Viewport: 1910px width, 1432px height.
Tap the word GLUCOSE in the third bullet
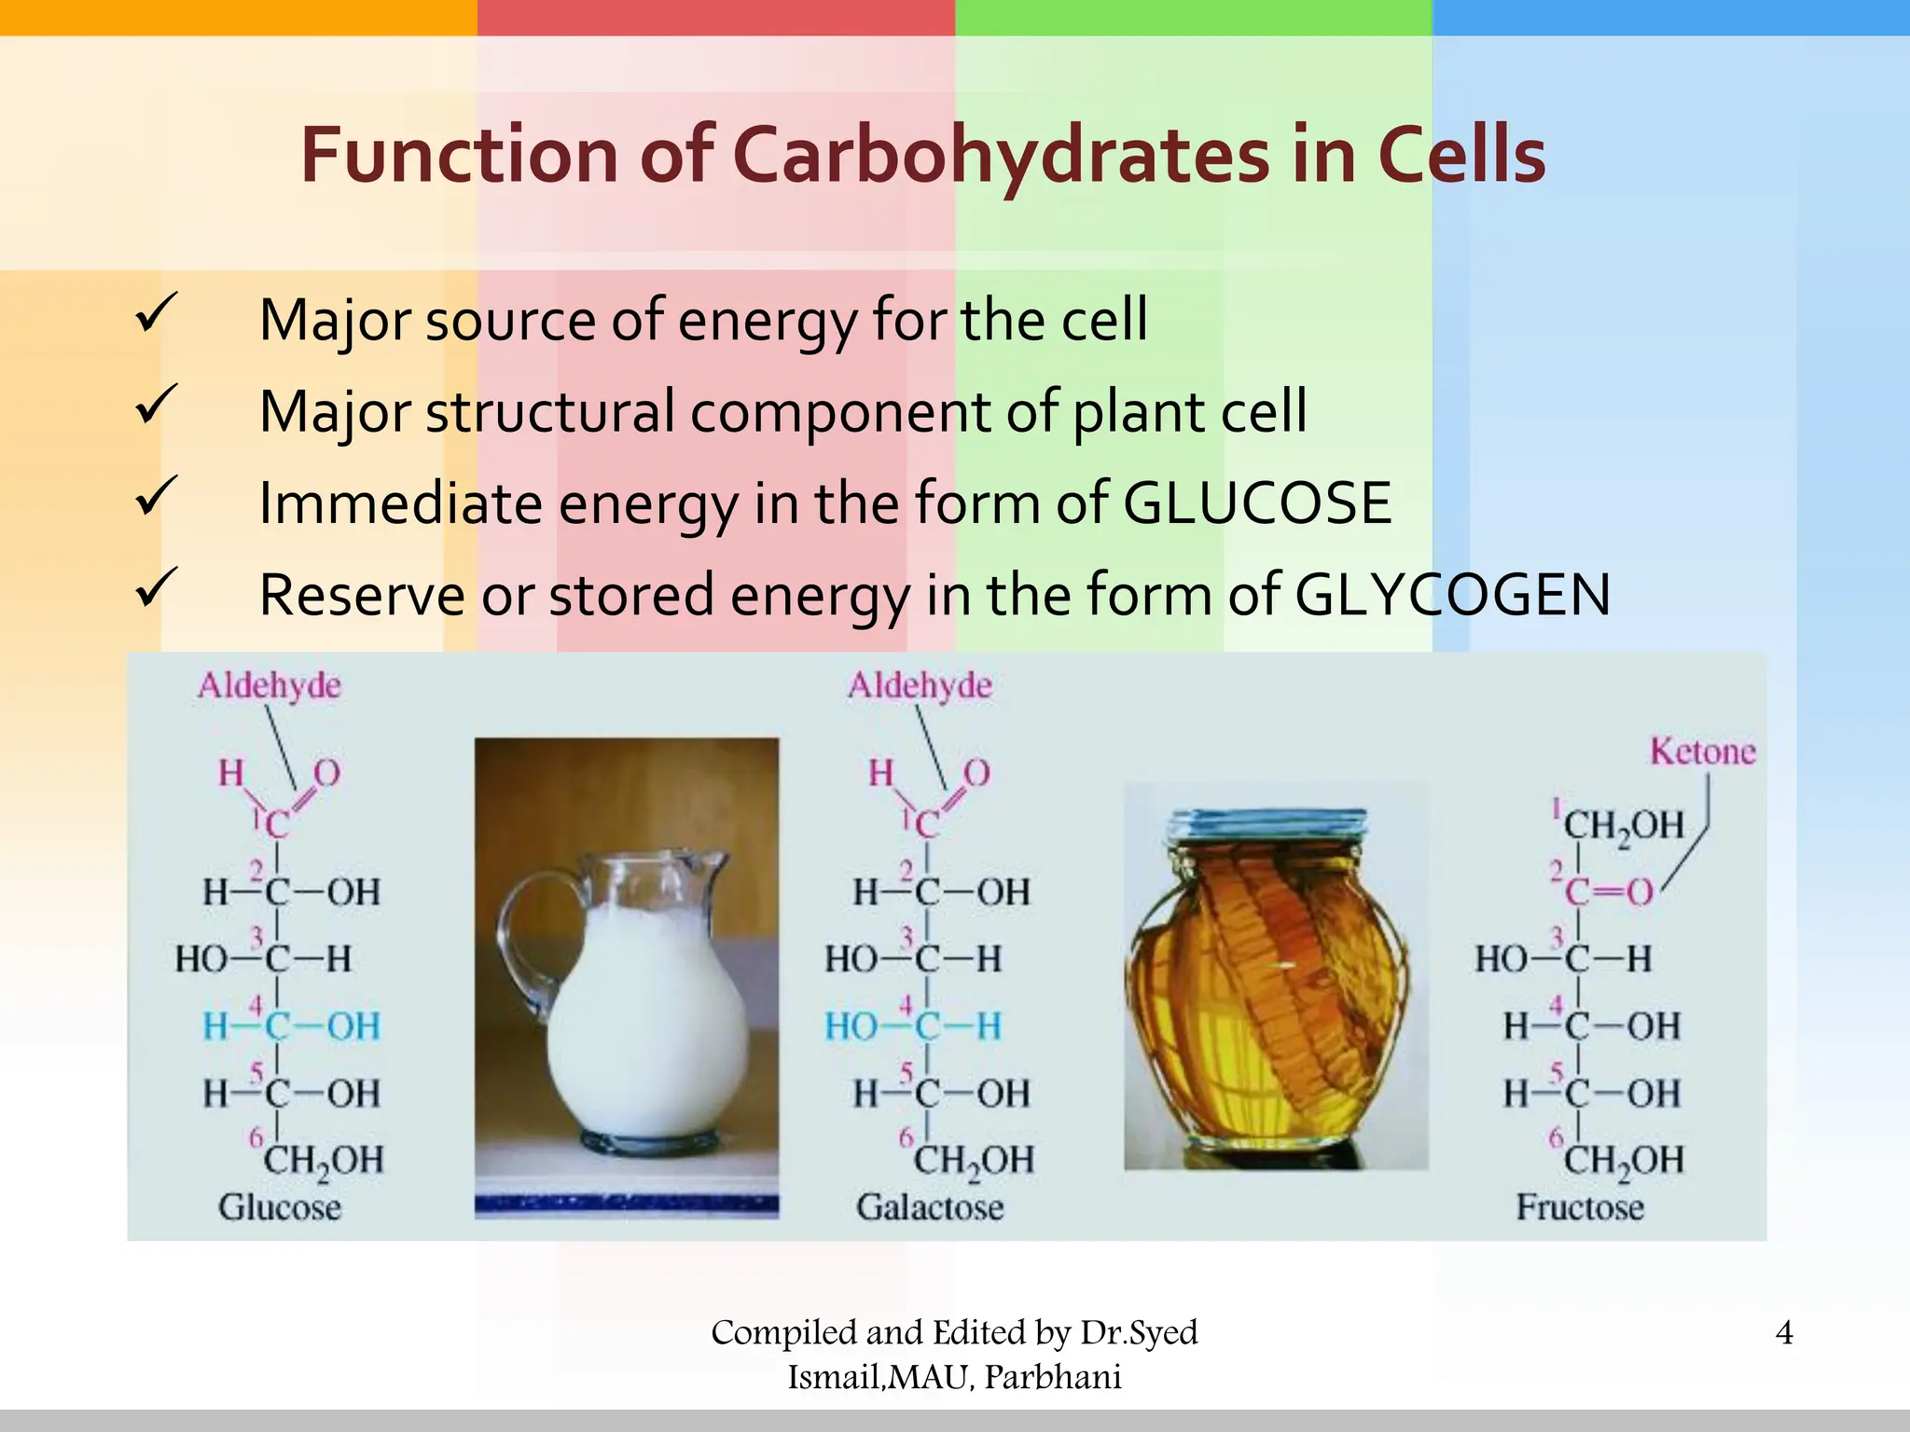(1256, 504)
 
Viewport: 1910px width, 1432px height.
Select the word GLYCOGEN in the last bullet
(1452, 596)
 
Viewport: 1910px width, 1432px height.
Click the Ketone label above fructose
(1702, 751)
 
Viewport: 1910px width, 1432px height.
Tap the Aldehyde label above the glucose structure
(269, 686)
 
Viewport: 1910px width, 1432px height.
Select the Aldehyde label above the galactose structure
(920, 686)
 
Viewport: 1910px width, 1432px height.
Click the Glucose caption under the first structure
(280, 1207)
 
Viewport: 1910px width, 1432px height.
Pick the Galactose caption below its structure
(930, 1207)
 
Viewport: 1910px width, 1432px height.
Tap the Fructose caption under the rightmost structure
(1580, 1207)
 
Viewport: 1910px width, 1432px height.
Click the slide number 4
(1783, 1332)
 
